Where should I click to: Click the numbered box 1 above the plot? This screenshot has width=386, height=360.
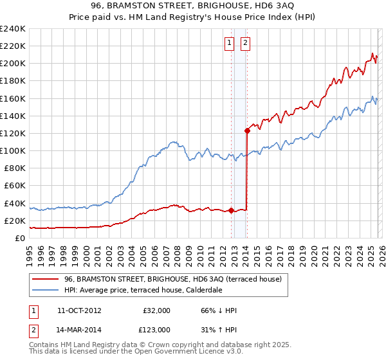pos(229,44)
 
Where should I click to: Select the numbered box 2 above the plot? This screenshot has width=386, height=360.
pos(246,44)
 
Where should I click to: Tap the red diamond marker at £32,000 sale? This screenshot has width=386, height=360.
pos(231,210)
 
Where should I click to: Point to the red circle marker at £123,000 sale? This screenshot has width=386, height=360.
pos(247,130)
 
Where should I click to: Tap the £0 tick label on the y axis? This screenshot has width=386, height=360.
pos(21,238)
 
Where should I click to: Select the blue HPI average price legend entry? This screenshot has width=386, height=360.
pos(143,291)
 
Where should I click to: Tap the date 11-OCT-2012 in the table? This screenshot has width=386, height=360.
pos(79,310)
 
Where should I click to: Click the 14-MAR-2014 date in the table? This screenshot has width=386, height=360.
pos(79,330)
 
